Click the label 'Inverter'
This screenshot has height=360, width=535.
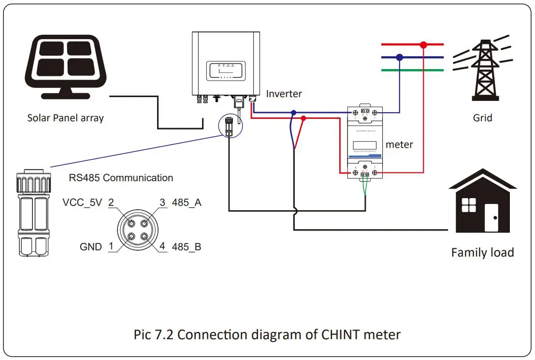tap(284, 94)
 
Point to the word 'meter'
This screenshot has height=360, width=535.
tap(399, 144)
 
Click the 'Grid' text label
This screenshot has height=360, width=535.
tap(482, 117)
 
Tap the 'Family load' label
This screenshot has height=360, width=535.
tap(482, 252)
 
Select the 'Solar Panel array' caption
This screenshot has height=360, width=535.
tap(65, 117)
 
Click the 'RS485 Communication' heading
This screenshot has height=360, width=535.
tap(121, 177)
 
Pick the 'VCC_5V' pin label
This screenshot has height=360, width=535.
tap(82, 202)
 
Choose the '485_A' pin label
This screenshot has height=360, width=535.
tap(187, 202)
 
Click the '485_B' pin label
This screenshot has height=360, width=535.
tap(187, 247)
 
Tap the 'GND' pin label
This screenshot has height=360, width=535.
tap(91, 247)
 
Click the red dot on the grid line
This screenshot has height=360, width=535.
tap(423, 45)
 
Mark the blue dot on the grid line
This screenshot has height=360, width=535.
tap(399, 57)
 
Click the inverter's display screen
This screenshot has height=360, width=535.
tap(226, 71)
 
